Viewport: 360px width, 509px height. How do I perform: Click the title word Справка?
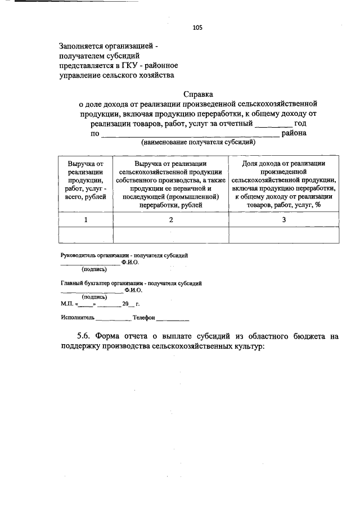coord(197,94)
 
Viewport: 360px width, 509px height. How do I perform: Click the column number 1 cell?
coord(85,219)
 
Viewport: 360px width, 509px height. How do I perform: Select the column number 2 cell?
coord(170,219)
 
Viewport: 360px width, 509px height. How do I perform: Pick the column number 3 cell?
coord(283,219)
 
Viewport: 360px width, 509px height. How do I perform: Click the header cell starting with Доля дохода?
coord(283,184)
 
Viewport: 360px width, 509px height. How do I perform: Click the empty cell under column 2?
coord(170,235)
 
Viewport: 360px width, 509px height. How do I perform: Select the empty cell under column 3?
coord(283,235)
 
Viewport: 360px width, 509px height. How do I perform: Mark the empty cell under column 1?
coord(85,235)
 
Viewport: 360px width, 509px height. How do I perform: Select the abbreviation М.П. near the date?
coord(67,304)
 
